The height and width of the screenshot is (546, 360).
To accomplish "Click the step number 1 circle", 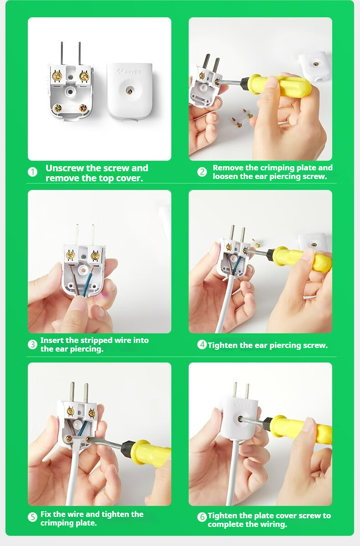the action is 32,172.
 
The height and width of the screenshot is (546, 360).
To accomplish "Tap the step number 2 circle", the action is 202,172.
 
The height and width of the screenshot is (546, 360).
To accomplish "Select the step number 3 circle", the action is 32,344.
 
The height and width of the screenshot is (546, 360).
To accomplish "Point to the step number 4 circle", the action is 202,345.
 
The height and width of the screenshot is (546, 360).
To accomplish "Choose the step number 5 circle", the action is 32,517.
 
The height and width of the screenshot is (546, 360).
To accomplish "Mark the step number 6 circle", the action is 202,517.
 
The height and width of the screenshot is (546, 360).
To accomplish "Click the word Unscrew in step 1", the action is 65,168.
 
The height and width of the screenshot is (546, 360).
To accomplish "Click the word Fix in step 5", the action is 46,514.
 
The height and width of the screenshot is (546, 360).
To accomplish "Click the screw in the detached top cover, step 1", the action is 129,91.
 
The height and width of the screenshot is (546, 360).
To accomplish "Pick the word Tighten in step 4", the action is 223,346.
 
